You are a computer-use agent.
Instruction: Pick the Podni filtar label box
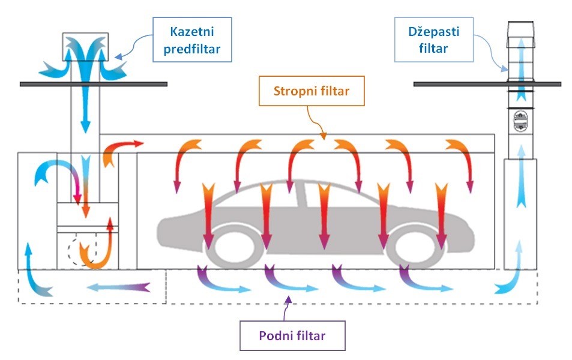click(292, 335)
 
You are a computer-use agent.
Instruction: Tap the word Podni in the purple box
click(275, 335)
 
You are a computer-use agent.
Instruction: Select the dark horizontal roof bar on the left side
click(92, 84)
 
